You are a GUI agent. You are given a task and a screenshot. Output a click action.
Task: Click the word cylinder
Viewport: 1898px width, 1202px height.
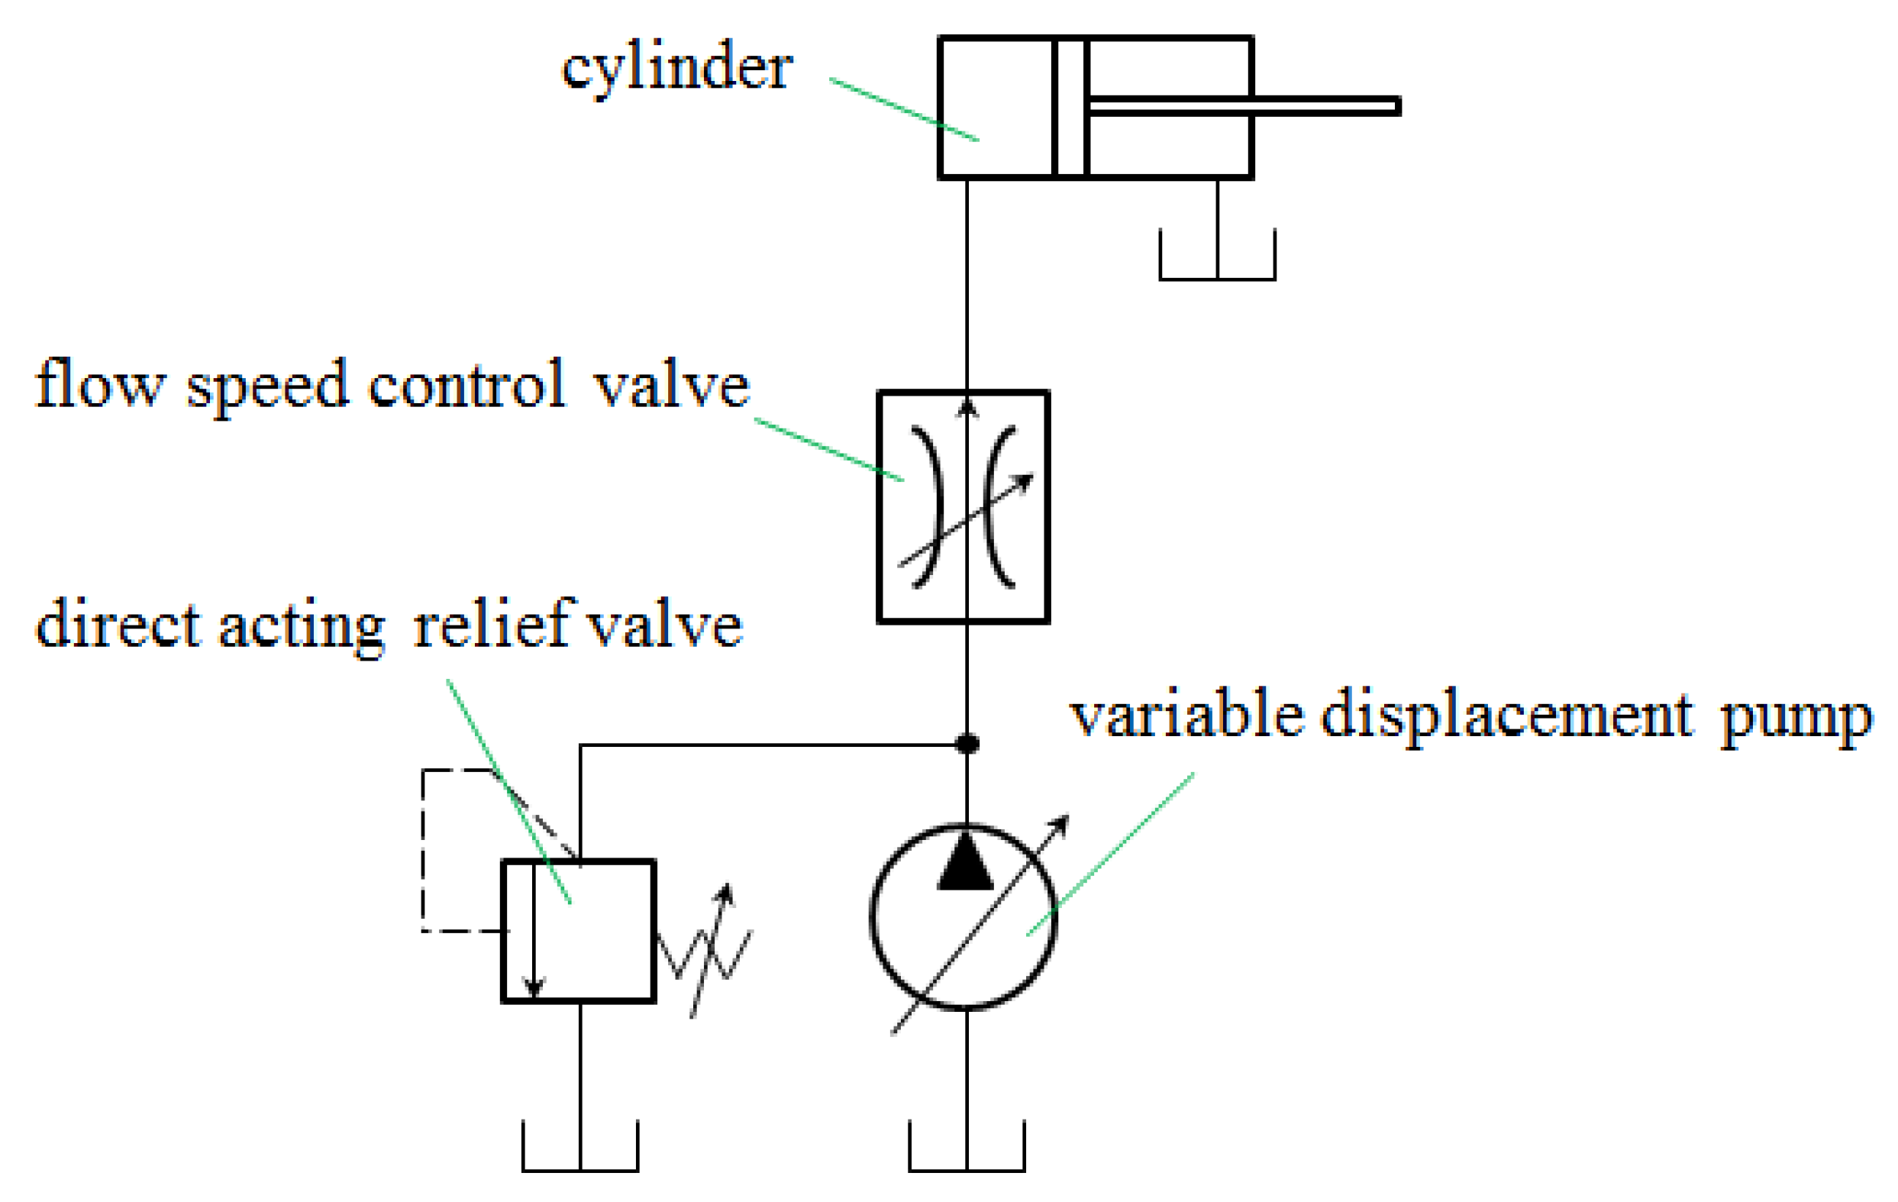(x=676, y=69)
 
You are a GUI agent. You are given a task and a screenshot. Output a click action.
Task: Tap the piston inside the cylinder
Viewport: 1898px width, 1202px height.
(x=1070, y=107)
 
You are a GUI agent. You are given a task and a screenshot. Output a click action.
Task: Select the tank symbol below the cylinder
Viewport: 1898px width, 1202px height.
(x=1217, y=260)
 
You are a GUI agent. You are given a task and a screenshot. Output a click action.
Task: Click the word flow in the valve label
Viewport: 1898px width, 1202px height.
(x=99, y=385)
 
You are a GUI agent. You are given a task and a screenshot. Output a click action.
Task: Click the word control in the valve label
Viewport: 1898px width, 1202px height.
(x=466, y=385)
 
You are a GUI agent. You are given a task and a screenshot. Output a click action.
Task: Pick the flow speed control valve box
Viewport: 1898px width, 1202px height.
(x=963, y=506)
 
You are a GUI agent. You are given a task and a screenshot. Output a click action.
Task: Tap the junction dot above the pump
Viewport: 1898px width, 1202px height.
(x=967, y=743)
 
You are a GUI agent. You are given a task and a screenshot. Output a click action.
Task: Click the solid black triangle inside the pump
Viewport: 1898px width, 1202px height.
(x=966, y=864)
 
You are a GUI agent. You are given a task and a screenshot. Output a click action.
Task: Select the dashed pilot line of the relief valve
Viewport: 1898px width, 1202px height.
(x=423, y=851)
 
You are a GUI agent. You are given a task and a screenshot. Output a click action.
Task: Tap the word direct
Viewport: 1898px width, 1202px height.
(x=118, y=624)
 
